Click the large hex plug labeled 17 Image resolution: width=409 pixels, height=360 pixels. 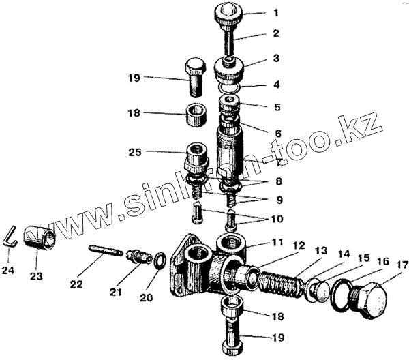click(x=372, y=297)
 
